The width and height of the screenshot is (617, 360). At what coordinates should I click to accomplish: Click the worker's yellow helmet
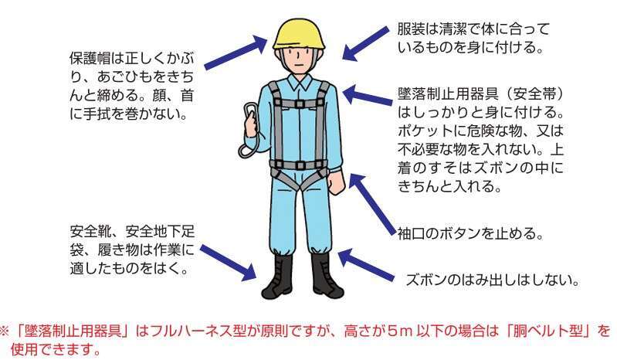point(300,35)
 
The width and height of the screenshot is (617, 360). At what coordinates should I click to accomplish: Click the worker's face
point(299,59)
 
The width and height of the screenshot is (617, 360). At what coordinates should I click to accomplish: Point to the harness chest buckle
point(300,104)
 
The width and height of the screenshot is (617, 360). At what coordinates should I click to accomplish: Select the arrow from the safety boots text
point(229,263)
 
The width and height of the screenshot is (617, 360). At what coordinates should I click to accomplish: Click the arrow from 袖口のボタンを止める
point(372,204)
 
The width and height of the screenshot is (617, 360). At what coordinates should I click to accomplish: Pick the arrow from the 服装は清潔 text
point(365,43)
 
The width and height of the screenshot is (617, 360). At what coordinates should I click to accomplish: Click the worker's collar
point(299,82)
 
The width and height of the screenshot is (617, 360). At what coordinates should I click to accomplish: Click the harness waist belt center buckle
point(300,165)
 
